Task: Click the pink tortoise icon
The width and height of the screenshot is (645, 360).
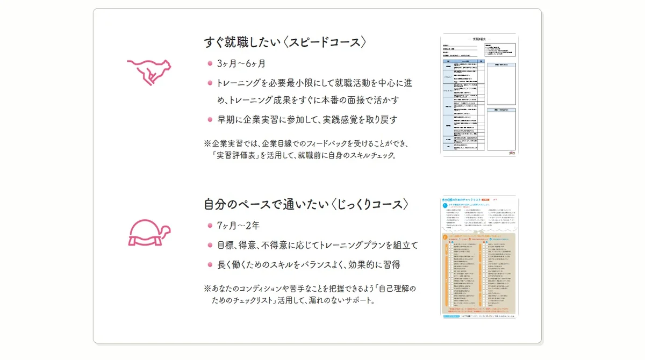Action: [x=149, y=233]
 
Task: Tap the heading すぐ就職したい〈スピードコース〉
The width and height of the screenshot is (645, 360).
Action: [x=285, y=42]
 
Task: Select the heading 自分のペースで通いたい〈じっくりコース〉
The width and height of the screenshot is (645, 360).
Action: [x=306, y=205]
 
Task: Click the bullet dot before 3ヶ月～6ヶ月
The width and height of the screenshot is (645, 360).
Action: [x=210, y=63]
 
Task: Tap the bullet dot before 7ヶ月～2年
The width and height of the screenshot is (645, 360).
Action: [x=210, y=225]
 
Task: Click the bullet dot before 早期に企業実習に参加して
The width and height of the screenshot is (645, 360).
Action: [x=210, y=119]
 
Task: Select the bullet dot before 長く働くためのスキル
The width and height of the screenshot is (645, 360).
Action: [x=210, y=264]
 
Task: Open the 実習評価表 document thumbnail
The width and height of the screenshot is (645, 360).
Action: [x=479, y=95]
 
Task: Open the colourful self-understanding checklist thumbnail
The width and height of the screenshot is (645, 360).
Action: [x=479, y=257]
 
